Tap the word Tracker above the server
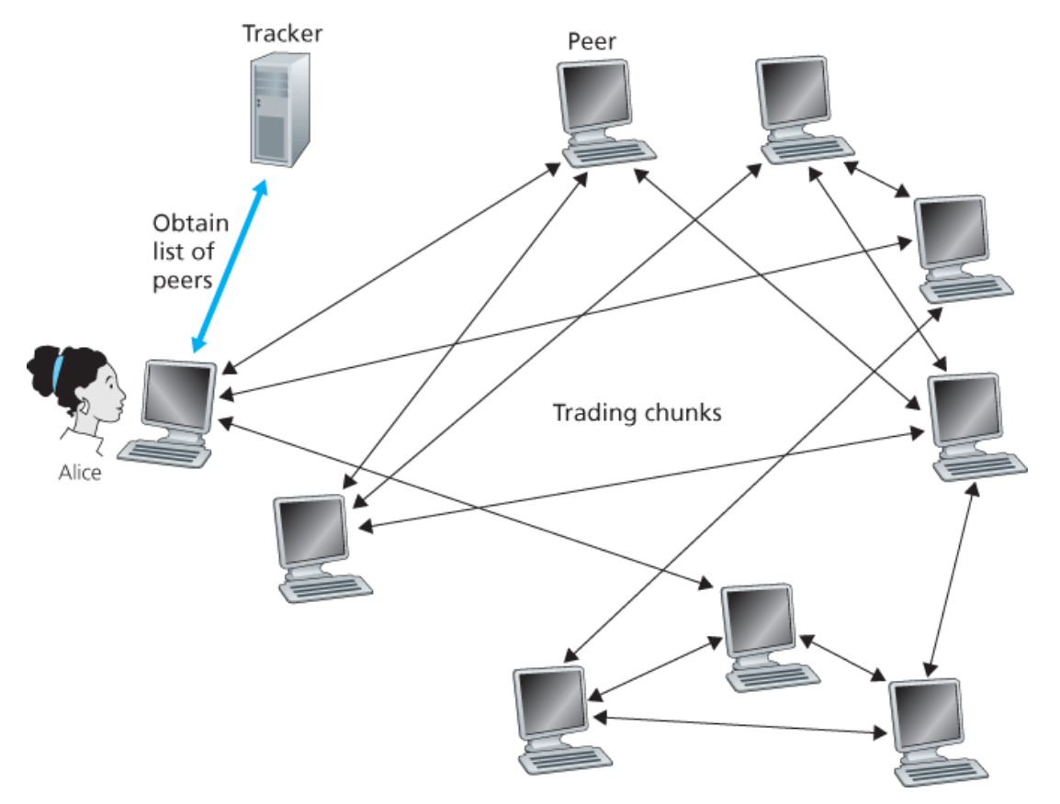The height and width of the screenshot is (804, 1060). pos(282,35)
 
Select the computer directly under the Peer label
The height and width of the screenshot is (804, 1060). pos(603,110)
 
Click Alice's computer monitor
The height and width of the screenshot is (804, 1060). pos(181,396)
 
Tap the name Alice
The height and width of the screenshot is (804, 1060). pos(81,474)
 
